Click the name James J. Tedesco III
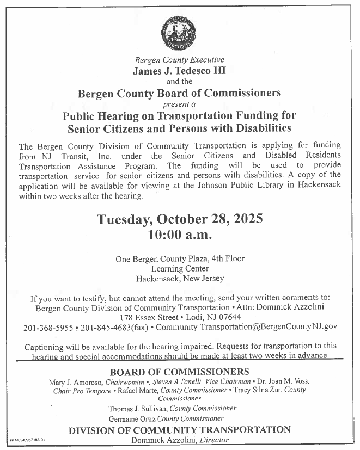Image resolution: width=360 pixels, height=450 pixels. point(179,70)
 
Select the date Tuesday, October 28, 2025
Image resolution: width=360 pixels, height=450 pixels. point(180,220)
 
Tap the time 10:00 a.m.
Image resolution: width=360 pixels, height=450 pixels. point(179,236)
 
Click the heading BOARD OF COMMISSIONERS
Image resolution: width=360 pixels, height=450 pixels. point(179,372)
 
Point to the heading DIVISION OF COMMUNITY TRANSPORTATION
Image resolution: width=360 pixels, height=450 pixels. point(179,430)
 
